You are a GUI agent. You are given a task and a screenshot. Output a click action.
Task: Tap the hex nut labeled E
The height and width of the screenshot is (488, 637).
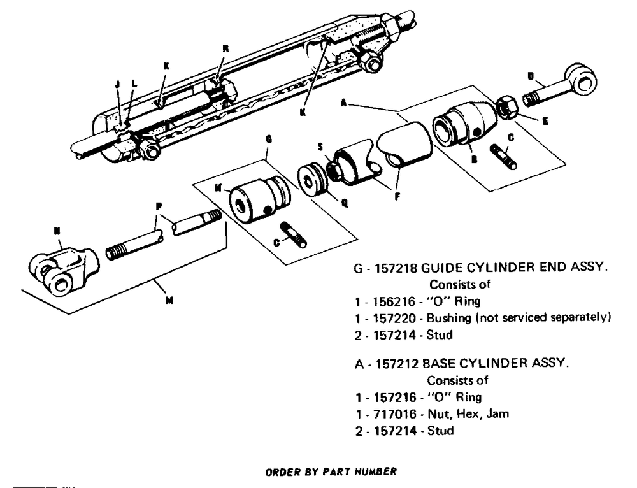point(507,106)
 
